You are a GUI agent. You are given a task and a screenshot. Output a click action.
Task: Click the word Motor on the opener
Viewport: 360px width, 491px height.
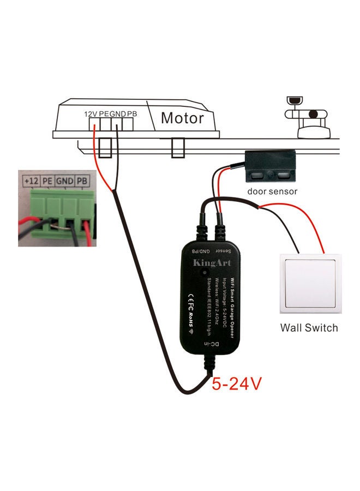click(x=182, y=117)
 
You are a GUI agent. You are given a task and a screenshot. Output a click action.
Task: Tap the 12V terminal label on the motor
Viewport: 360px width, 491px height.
click(x=91, y=115)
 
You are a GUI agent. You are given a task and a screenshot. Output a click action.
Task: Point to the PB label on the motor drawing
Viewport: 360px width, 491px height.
click(x=132, y=115)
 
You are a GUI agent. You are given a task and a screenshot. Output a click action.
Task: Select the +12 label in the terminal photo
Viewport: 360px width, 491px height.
click(x=31, y=180)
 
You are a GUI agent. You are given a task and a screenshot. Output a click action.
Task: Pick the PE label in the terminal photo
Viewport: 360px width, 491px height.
click(x=48, y=180)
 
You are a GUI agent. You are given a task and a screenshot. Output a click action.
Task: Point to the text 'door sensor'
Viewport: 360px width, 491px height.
click(x=272, y=191)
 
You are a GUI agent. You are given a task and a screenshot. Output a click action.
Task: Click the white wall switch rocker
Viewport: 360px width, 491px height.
click(x=308, y=284)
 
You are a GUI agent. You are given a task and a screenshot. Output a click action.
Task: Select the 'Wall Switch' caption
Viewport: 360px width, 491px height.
click(x=309, y=328)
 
